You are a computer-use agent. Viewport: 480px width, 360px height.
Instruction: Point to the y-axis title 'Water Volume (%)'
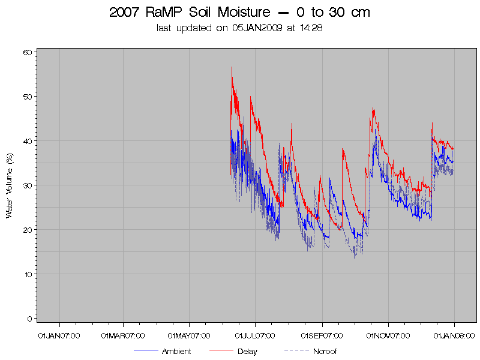click(10, 185)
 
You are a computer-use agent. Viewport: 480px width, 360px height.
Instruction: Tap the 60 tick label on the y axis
click(27, 52)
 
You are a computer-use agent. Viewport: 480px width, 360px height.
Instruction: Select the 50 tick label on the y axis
click(27, 97)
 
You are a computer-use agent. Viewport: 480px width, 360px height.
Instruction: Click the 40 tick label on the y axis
click(27, 141)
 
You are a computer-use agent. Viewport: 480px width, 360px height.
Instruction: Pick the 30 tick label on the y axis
click(27, 185)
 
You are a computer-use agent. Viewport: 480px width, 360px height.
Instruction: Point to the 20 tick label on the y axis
click(27, 230)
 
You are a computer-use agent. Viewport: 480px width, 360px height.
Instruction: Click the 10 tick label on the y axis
click(27, 274)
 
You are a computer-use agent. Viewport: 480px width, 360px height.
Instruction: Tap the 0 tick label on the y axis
click(29, 319)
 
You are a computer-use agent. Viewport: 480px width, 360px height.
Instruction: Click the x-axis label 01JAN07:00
click(58, 335)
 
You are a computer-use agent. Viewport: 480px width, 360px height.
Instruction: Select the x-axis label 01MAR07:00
click(123, 335)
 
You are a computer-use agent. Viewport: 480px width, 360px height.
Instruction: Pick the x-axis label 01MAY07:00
click(190, 335)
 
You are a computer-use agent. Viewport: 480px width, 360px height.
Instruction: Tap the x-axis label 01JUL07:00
click(255, 335)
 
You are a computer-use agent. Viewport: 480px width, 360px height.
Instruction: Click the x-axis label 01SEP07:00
click(322, 335)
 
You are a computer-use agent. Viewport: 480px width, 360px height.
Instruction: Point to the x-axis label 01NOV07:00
click(388, 335)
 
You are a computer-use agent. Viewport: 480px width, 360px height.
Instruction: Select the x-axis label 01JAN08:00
click(454, 335)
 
